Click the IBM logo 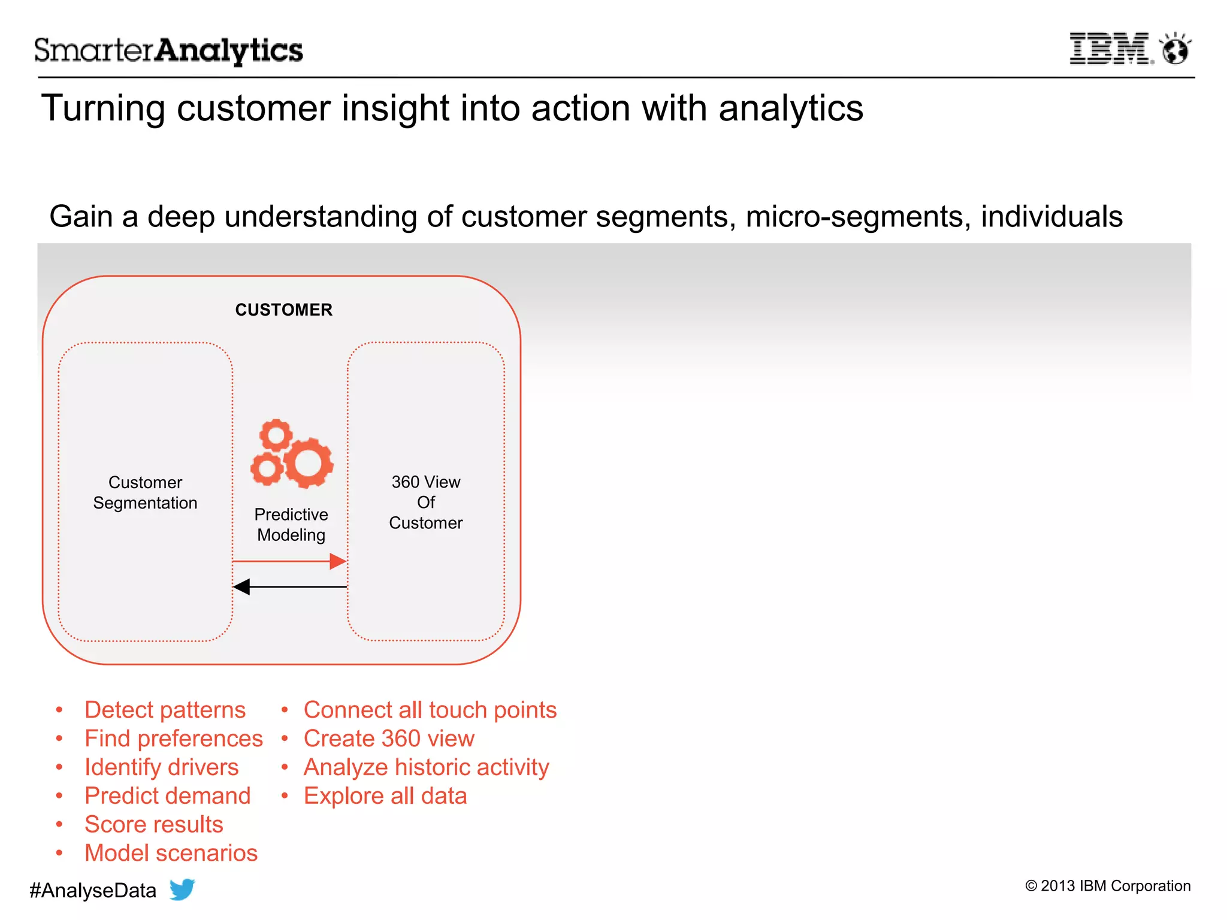click(1110, 49)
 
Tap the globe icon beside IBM click(1175, 49)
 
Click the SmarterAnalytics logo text click(168, 50)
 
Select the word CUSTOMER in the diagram click(283, 310)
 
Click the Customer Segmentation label click(145, 492)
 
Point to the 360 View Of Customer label click(425, 502)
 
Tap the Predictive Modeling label click(291, 525)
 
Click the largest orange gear click(309, 463)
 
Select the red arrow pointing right click(290, 561)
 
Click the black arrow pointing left click(290, 587)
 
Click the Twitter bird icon click(182, 889)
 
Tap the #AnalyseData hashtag click(93, 891)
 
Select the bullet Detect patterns click(165, 710)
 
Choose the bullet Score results click(153, 824)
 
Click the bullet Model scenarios click(171, 853)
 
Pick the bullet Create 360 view click(389, 739)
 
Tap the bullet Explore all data click(385, 796)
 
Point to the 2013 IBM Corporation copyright click(1108, 886)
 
